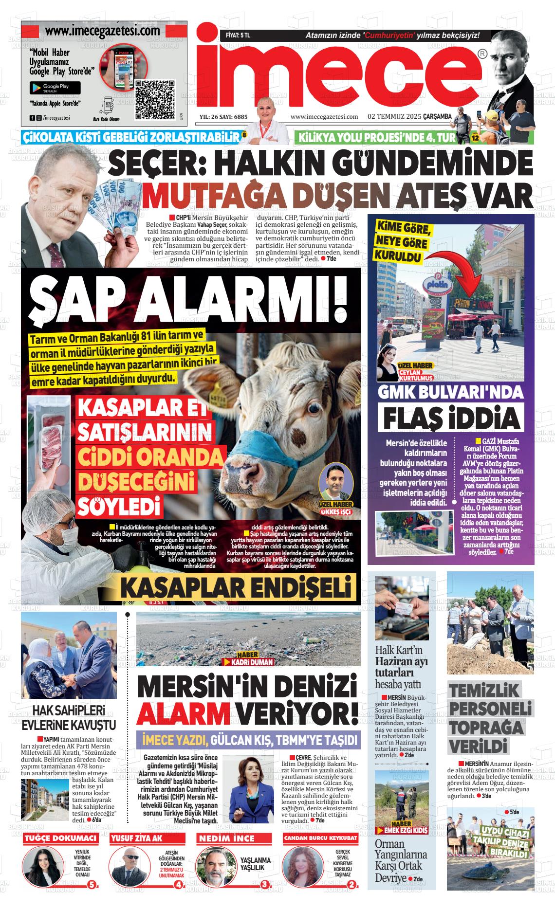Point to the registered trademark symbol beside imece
[481, 54]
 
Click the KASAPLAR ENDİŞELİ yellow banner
[236, 587]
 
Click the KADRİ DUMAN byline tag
[248, 662]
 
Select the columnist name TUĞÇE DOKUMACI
[60, 838]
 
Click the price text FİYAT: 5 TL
[238, 35]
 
